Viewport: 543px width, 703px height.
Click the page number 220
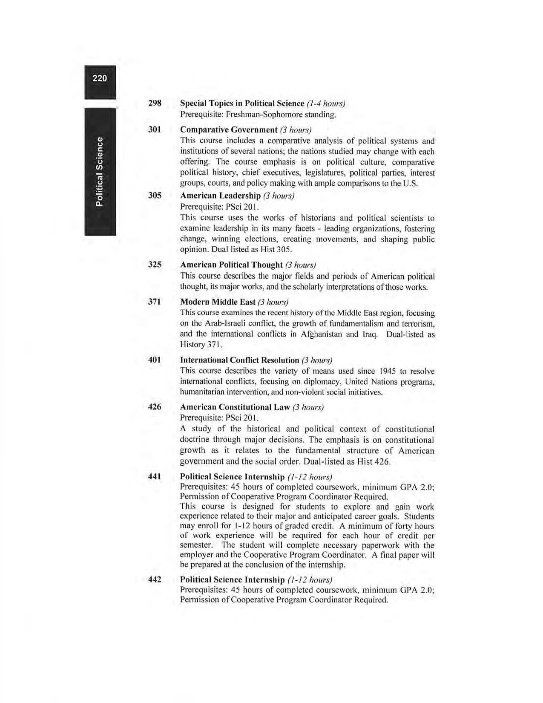(x=100, y=78)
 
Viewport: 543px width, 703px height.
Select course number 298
(x=155, y=103)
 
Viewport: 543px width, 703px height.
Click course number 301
(x=155, y=130)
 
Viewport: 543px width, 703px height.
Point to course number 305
(x=155, y=196)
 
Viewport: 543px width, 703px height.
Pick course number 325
(x=155, y=265)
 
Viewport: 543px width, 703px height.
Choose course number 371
(x=155, y=302)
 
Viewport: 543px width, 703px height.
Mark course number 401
(x=155, y=360)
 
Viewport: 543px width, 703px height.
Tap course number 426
(x=155, y=407)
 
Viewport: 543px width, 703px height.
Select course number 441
(x=155, y=477)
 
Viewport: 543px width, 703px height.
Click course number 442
(x=155, y=579)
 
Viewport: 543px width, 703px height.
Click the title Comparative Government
(x=229, y=130)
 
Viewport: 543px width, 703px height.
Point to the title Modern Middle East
(x=218, y=302)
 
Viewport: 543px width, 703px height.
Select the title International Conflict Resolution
(x=239, y=360)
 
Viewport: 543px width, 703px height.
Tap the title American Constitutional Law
(x=235, y=407)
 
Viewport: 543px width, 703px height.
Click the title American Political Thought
(x=231, y=265)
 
